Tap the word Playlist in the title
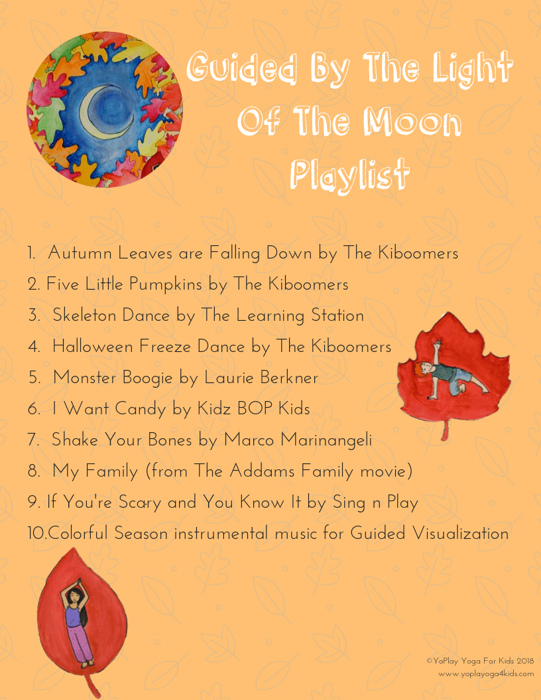[x=349, y=174]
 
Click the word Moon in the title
[x=412, y=121]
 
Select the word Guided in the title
[x=241, y=68]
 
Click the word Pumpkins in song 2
[x=166, y=285]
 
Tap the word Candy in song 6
[x=140, y=410]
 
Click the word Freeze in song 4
[x=165, y=347]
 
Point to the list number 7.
[x=33, y=439]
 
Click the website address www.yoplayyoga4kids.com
[x=486, y=674]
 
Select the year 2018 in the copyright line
[x=525, y=661]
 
